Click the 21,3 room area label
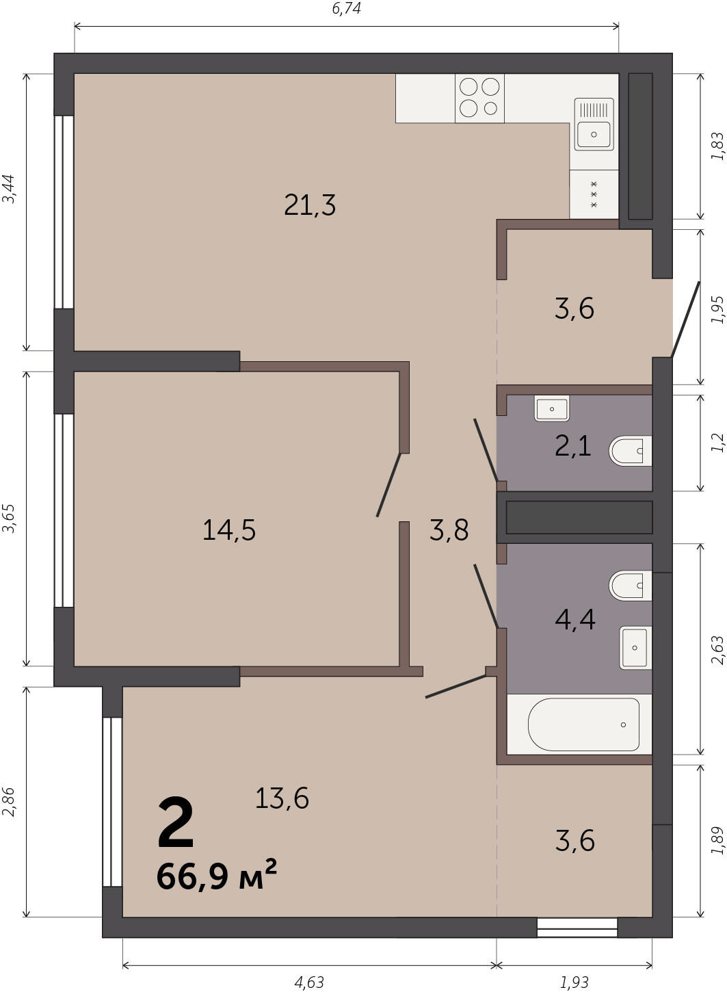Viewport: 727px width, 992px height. pyautogui.click(x=310, y=205)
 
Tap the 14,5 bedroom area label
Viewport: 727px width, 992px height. pyautogui.click(x=229, y=530)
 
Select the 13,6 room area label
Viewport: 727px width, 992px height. pyautogui.click(x=282, y=798)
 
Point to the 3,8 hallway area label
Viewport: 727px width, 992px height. pyautogui.click(x=449, y=530)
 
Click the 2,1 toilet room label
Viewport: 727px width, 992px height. pyautogui.click(x=573, y=445)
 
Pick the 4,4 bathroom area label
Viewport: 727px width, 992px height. pyautogui.click(x=574, y=619)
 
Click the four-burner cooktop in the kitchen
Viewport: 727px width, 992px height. pyautogui.click(x=479, y=98)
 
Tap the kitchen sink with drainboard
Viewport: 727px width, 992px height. pyautogui.click(x=594, y=125)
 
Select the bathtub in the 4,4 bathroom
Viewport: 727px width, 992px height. pyautogui.click(x=583, y=725)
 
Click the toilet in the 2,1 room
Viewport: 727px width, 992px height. pyautogui.click(x=630, y=451)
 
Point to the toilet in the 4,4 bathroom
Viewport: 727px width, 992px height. pyautogui.click(x=630, y=586)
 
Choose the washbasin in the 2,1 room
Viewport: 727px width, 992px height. pyautogui.click(x=552, y=408)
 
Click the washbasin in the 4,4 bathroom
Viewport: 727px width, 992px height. pyautogui.click(x=635, y=647)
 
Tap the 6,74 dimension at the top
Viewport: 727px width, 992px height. pyautogui.click(x=346, y=8)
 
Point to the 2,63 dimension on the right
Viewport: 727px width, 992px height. pyautogui.click(x=717, y=650)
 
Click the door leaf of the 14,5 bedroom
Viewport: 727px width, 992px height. pyautogui.click(x=388, y=484)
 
